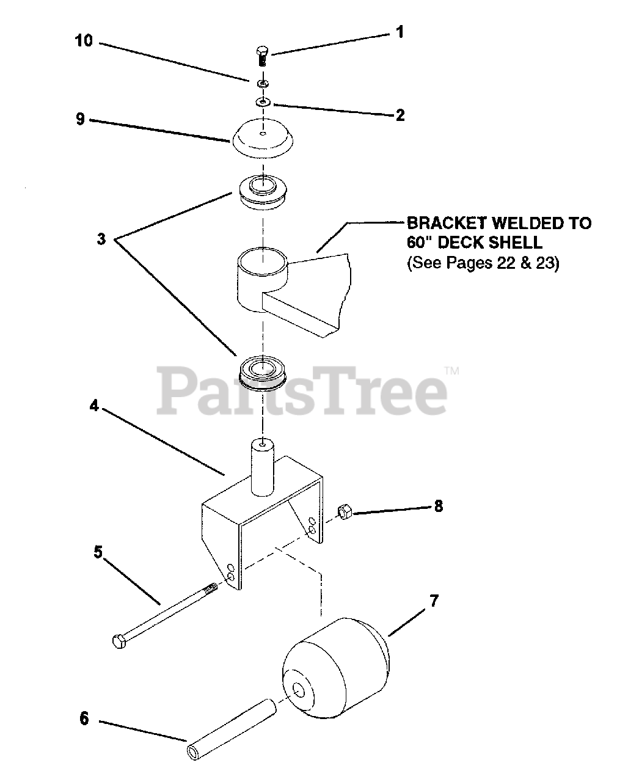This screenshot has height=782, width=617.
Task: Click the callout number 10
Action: coord(84,41)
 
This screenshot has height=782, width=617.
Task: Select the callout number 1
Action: coord(400,32)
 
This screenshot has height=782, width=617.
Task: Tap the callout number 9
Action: coord(80,119)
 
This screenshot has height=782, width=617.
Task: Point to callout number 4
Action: coord(94,406)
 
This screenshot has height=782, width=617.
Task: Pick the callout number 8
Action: coord(438,506)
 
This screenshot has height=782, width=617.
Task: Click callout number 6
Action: coord(84,719)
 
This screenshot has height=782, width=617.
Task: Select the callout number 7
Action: coord(434,601)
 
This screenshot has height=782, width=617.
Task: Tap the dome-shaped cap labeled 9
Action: coord(263,136)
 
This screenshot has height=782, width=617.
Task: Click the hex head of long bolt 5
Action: coord(119,641)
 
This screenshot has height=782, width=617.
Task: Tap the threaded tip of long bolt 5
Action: coord(210,589)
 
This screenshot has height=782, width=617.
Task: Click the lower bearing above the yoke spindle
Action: coord(263,371)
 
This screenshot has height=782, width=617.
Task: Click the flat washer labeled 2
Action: coord(264,101)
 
